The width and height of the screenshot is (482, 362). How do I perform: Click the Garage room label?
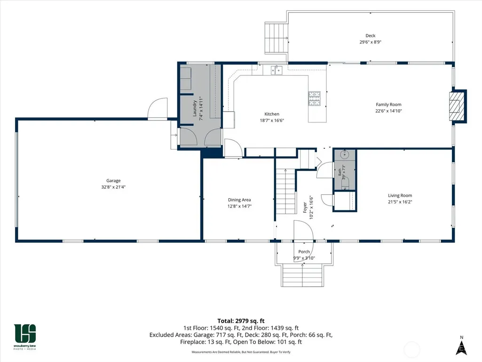(x=113, y=181)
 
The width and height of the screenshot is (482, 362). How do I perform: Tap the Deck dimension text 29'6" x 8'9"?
(x=371, y=42)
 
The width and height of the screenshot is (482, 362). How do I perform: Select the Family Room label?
(x=388, y=105)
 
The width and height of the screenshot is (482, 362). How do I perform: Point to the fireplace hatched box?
(x=455, y=106)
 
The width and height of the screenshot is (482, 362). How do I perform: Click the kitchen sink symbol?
(x=277, y=70)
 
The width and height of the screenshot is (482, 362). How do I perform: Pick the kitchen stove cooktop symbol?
(x=315, y=98)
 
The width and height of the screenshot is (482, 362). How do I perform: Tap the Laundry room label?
(x=195, y=108)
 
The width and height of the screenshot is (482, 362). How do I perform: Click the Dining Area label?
(x=239, y=200)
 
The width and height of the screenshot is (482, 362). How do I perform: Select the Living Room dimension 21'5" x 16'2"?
(x=400, y=202)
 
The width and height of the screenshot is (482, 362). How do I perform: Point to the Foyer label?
(x=305, y=208)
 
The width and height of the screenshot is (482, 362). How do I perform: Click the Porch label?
(x=304, y=251)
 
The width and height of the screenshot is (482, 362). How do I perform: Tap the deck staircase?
(x=277, y=38)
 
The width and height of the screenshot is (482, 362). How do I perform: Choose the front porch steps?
(x=303, y=275)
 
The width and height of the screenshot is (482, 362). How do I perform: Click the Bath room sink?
(x=345, y=154)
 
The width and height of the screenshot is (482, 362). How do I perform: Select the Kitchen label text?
(x=272, y=114)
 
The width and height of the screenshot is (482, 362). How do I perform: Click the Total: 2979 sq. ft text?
(x=241, y=321)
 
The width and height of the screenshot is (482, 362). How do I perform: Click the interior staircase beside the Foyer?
(x=285, y=192)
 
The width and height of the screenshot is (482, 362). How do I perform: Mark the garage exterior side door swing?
(x=158, y=108)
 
